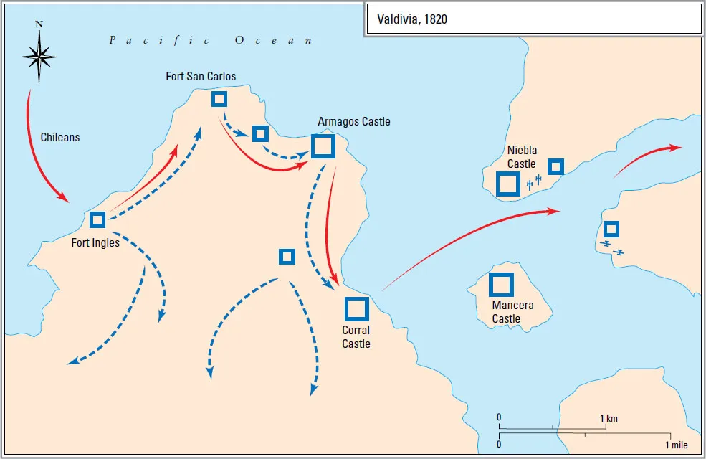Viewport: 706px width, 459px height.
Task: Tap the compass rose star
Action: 39,55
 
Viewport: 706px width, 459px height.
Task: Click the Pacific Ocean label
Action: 211,40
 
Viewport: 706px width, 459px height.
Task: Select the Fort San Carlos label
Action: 201,76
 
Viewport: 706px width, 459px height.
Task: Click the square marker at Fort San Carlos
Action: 219,99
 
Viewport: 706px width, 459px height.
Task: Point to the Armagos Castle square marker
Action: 323,146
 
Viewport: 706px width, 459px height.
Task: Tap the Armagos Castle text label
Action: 354,121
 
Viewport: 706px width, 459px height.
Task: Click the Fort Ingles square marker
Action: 97,219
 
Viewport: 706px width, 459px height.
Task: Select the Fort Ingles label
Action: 95,242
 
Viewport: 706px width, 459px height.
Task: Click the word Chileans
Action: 59,137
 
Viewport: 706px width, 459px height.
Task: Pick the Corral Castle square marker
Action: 356,308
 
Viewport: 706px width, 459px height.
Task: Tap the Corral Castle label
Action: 356,337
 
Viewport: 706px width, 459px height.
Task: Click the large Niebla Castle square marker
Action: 508,184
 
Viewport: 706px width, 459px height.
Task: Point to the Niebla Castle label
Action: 522,157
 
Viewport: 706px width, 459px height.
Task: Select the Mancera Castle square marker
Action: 501,285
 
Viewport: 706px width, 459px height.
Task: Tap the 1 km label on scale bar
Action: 609,418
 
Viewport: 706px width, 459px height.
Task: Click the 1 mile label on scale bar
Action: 676,445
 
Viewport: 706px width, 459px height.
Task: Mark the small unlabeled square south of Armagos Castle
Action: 287,256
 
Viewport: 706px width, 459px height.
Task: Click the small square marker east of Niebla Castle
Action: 555,167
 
